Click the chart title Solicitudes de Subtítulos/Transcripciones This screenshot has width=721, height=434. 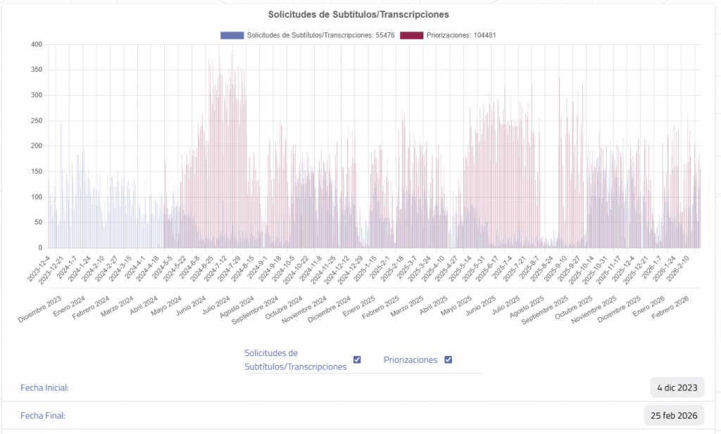[360, 14]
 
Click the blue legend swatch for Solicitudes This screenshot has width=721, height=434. [232, 35]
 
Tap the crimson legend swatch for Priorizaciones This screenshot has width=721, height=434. [411, 35]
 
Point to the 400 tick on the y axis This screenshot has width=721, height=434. [37, 44]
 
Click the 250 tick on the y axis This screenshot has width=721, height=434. [37, 120]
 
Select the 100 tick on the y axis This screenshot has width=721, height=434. [37, 197]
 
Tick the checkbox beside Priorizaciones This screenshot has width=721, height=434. [448, 360]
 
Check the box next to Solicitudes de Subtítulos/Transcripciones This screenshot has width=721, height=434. [357, 360]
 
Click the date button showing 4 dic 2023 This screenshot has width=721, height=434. [677, 388]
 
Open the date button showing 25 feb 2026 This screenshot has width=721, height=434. [674, 415]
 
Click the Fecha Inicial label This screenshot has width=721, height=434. [45, 388]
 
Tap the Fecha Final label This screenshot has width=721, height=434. [43, 415]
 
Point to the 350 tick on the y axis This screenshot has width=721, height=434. [37, 70]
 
